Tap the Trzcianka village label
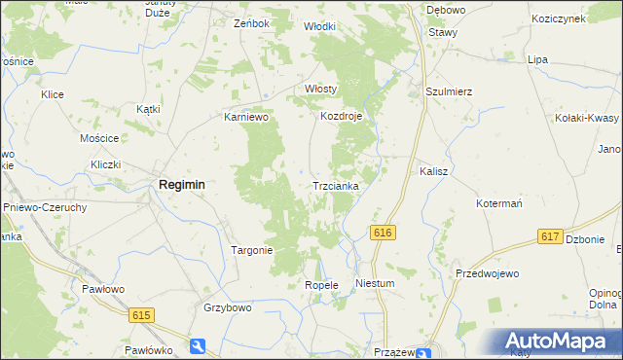point(336,185)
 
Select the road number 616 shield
point(382,233)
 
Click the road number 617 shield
point(549,237)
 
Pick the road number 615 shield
point(141,313)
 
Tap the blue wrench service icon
point(199,345)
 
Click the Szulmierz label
point(449,91)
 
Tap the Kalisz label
point(433,170)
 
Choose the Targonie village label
point(251,250)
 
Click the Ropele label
point(321,285)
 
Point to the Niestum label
point(375,284)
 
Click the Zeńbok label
point(251,22)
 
